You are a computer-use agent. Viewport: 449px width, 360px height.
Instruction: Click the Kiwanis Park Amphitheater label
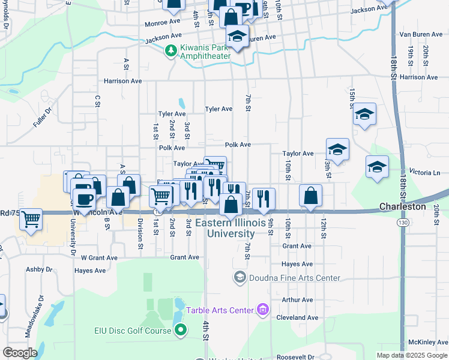[206, 51]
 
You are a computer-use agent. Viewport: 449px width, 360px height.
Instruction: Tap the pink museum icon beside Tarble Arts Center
[262, 310]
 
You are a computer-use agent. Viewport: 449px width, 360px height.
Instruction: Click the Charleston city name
[402, 206]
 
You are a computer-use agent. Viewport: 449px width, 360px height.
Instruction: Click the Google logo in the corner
[20, 352]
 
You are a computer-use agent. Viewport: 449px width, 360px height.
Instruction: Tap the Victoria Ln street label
[424, 172]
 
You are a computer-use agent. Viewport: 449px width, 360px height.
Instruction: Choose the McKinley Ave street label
[427, 342]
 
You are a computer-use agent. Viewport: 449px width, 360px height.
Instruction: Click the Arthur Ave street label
[298, 299]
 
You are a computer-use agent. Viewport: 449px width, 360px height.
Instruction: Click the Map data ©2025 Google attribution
[412, 355]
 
